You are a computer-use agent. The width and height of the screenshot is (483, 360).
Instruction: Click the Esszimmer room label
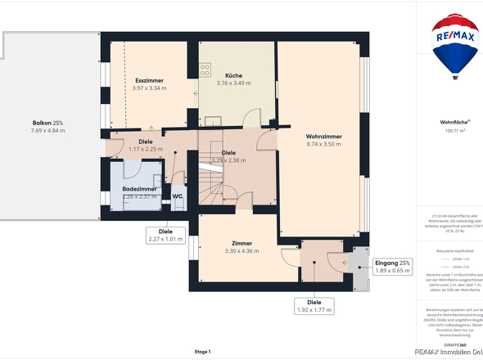[150, 80]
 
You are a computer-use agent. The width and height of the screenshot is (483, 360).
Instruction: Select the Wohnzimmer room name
[323, 136]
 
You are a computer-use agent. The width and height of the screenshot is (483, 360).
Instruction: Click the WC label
[177, 196]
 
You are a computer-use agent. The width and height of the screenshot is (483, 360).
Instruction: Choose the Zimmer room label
[241, 244]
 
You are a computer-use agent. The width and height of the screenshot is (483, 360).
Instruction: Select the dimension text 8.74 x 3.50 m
[323, 144]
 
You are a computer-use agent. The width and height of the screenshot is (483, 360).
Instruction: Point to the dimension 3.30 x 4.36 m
[241, 251]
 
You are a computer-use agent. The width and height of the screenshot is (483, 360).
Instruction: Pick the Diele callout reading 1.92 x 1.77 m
[314, 306]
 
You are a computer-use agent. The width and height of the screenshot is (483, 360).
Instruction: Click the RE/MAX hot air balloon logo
[456, 45]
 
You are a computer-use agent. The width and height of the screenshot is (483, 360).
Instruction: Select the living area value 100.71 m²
[455, 130]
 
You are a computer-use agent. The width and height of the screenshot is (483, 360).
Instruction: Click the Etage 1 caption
[203, 351]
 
